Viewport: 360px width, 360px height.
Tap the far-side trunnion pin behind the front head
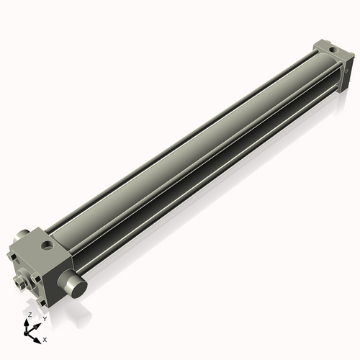[x=24, y=235]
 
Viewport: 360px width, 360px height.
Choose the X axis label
[x=45, y=338]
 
